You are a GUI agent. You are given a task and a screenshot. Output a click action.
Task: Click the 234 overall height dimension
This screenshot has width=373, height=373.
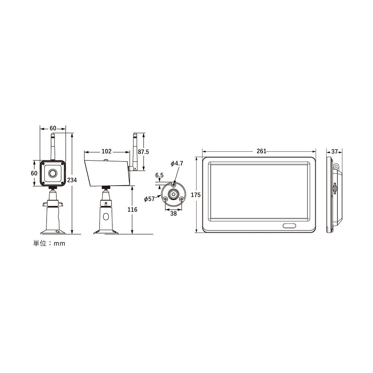(72, 180)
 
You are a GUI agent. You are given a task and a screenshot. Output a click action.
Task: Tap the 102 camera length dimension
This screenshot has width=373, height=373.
(106, 151)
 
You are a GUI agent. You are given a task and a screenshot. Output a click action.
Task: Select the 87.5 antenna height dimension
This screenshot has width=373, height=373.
(143, 152)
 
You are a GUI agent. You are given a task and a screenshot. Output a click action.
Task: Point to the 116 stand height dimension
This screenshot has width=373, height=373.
(132, 209)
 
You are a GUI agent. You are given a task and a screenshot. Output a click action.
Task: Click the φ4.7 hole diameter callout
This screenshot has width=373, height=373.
(177, 163)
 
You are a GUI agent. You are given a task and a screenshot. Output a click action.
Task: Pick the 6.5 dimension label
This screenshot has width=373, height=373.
(159, 175)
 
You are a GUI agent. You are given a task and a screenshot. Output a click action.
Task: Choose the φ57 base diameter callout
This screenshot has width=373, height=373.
(150, 199)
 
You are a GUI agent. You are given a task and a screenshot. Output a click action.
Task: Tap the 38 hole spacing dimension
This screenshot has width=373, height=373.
(173, 214)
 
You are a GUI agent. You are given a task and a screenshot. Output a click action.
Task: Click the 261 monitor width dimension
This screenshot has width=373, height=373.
(261, 151)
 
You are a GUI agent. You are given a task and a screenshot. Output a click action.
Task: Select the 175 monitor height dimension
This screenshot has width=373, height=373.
(196, 195)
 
